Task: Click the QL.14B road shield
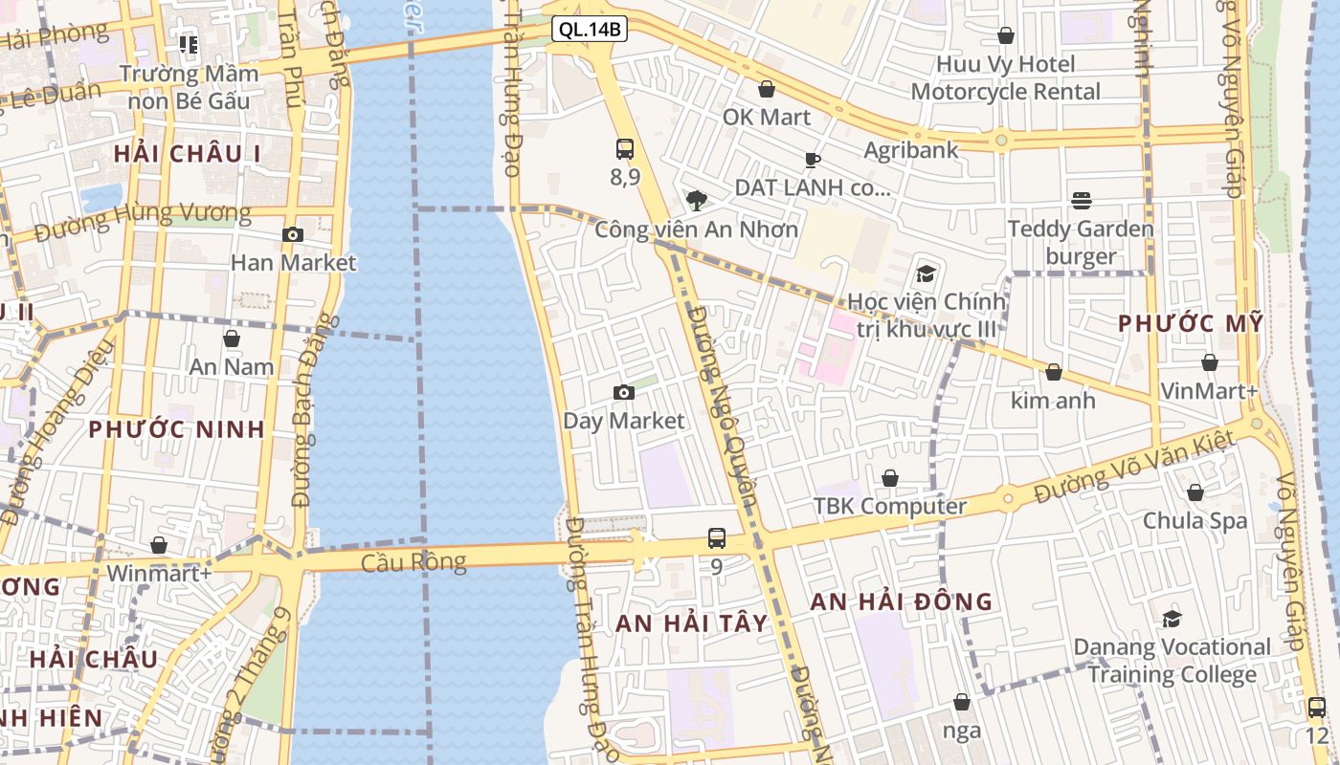click(590, 30)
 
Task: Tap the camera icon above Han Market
click(293, 234)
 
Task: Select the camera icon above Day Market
click(624, 392)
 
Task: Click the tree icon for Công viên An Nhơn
click(696, 200)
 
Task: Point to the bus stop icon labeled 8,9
click(625, 148)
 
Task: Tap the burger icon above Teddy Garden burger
click(1082, 200)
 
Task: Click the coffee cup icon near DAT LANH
click(813, 160)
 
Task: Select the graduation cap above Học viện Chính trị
click(926, 273)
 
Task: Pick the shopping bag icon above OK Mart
click(767, 89)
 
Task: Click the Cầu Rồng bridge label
click(413, 561)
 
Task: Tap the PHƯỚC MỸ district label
click(1191, 323)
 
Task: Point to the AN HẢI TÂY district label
click(691, 623)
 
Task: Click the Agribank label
click(911, 150)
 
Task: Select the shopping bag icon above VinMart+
click(1210, 362)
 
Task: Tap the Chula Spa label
click(1195, 521)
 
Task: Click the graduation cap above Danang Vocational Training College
click(1172, 619)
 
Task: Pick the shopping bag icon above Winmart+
click(159, 545)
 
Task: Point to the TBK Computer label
click(890, 506)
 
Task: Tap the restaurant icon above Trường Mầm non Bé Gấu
click(189, 44)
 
